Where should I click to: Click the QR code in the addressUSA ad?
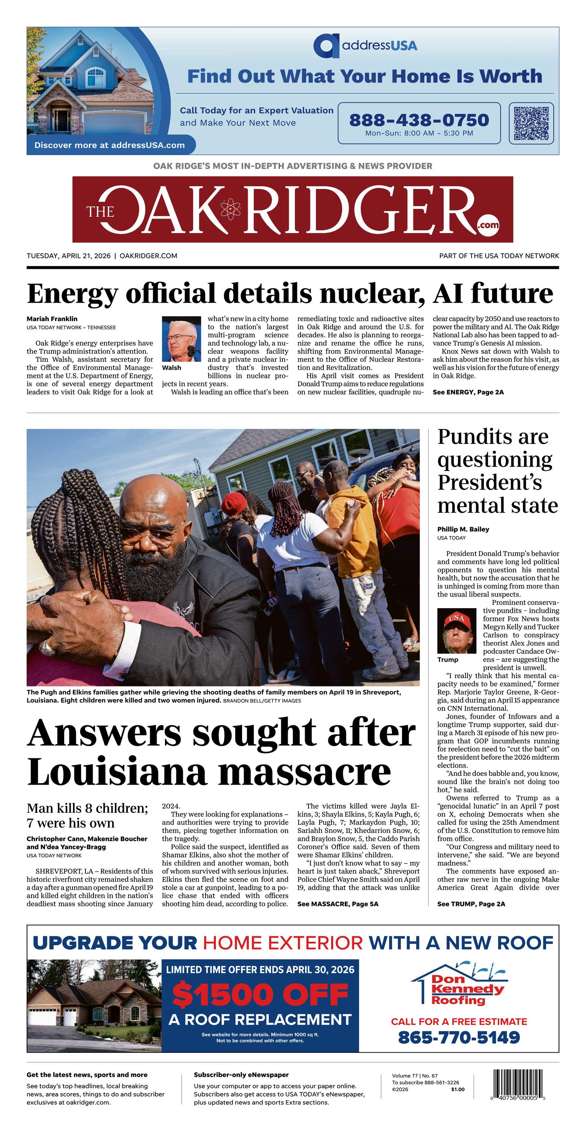coord(531,123)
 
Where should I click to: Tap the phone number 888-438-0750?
coord(418,120)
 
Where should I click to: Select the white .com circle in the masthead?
coord(489,225)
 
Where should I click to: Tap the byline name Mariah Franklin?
coord(52,319)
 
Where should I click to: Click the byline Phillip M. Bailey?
coord(463,529)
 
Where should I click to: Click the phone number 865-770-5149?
coord(459,1037)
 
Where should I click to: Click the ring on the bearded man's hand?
coord(47,647)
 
